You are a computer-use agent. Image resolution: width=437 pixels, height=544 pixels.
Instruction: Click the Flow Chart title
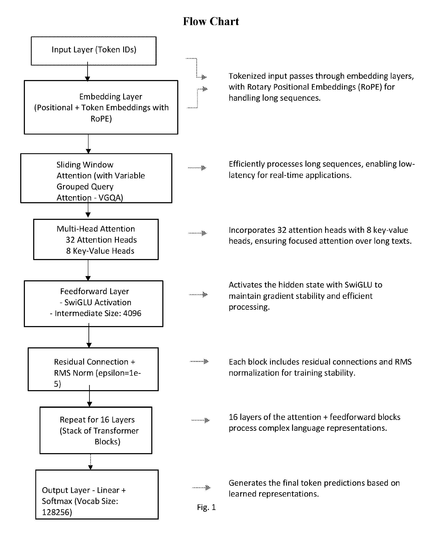point(211,21)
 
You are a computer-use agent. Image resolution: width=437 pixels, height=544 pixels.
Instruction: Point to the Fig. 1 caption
point(206,507)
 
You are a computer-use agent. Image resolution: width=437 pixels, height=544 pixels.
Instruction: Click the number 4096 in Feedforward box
point(132,313)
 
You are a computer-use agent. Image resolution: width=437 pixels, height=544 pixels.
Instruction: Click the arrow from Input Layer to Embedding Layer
point(87,72)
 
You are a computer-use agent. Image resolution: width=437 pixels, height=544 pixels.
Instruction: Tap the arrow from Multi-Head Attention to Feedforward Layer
point(88,270)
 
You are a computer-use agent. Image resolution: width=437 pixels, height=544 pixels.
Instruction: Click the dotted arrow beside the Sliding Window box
point(197,168)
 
